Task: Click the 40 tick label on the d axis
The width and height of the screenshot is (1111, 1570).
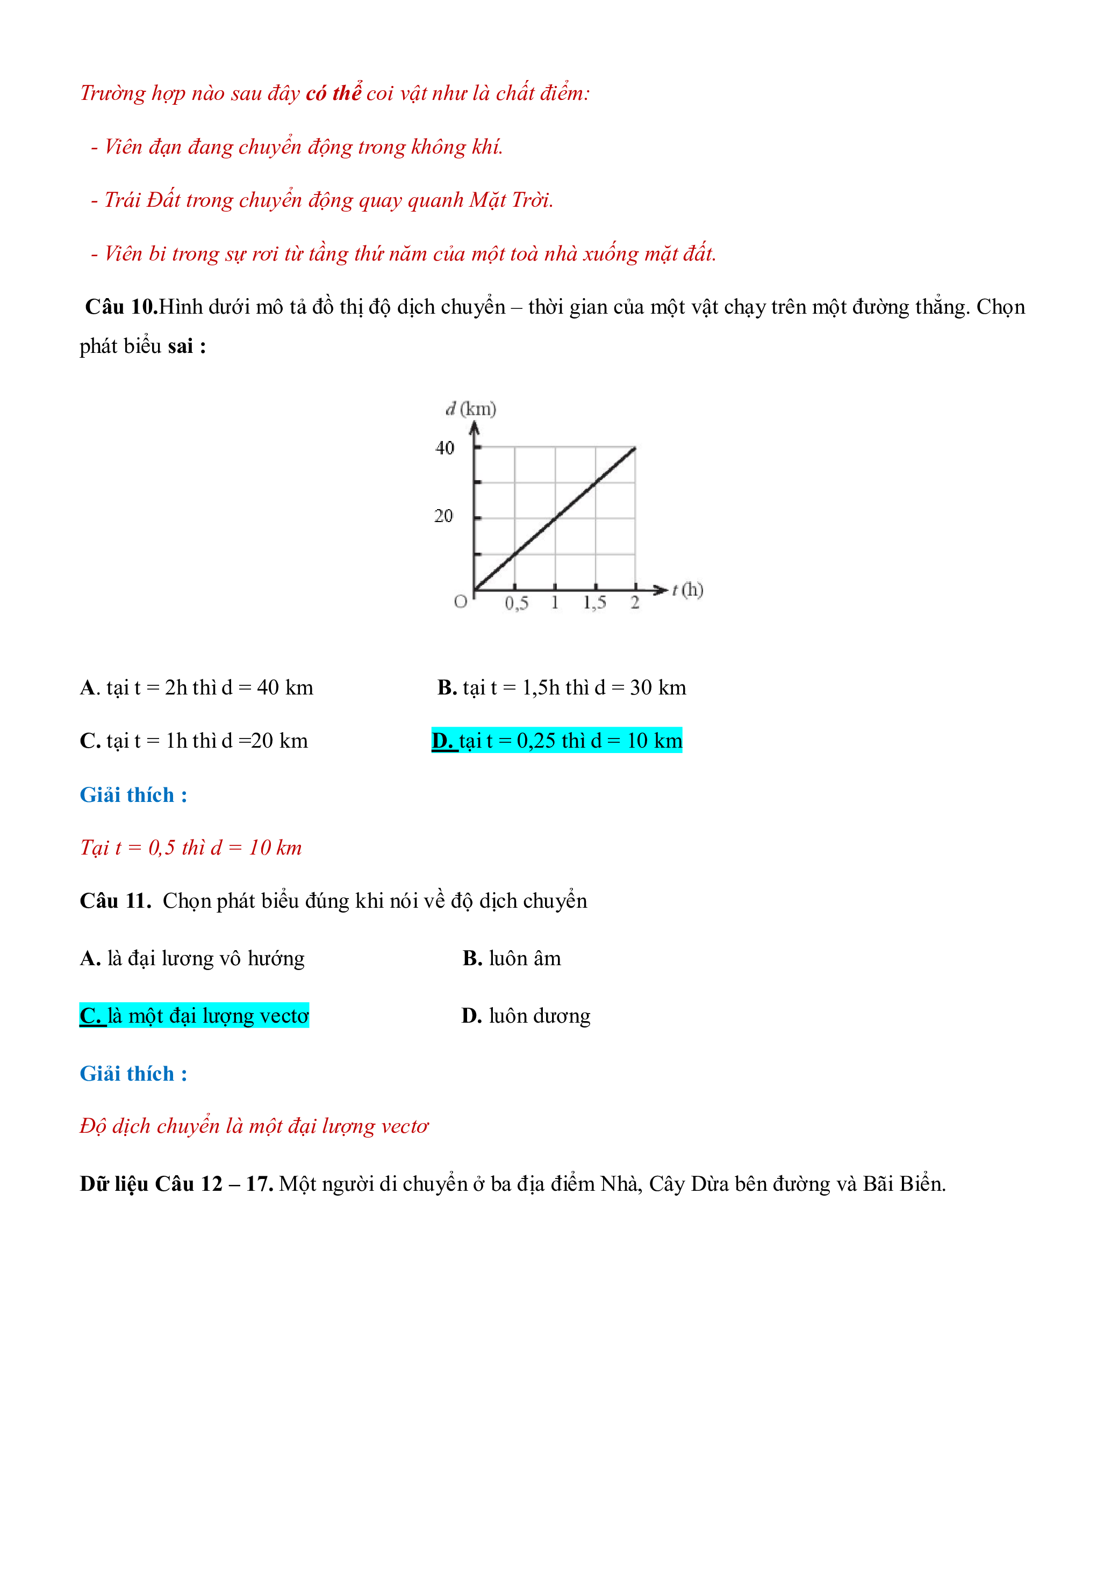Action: [445, 448]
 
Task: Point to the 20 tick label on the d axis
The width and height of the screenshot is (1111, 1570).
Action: [443, 516]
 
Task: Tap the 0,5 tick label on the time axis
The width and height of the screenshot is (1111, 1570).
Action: [517, 603]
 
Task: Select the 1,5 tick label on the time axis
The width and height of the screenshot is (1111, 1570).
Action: [594, 603]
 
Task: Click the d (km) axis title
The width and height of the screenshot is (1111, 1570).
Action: [471, 409]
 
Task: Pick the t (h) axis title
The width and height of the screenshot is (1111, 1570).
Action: [687, 589]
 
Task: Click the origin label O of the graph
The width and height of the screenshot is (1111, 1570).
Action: [461, 602]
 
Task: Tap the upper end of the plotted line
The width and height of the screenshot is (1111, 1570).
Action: [635, 448]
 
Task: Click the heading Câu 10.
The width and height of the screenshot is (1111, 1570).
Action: [121, 307]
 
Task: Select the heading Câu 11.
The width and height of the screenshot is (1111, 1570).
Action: [115, 901]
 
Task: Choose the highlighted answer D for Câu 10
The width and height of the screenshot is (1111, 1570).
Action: [557, 741]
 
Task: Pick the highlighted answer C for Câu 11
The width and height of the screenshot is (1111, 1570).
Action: [194, 1016]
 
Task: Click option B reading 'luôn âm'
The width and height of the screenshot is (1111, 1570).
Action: [512, 958]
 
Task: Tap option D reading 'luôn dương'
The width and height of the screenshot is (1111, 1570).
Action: [525, 1016]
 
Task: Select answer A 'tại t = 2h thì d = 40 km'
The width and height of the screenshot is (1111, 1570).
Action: [196, 687]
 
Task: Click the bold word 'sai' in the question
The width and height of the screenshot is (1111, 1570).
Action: [181, 346]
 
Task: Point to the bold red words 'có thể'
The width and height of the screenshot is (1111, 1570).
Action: [333, 92]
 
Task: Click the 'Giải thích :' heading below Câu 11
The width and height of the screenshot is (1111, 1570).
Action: [133, 1074]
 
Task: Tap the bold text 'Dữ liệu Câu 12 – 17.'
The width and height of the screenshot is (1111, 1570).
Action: [176, 1184]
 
